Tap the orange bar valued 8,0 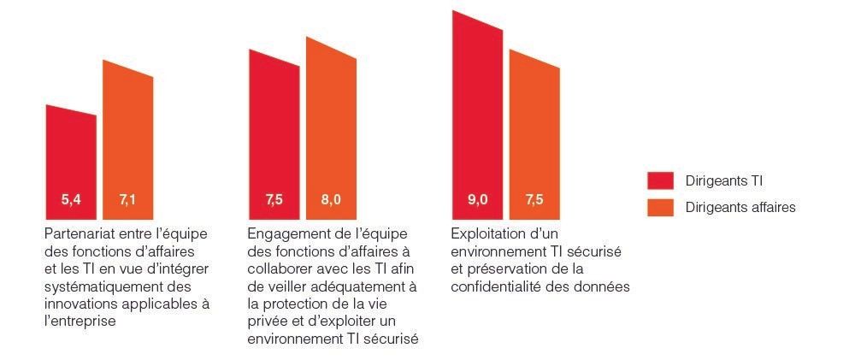(x=331, y=128)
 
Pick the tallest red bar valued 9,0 (x=477, y=111)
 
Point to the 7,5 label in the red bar (x=274, y=201)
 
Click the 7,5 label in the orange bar (x=534, y=201)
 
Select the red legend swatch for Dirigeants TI (x=660, y=180)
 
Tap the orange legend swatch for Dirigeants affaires (x=660, y=207)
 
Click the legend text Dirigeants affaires (x=740, y=207)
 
